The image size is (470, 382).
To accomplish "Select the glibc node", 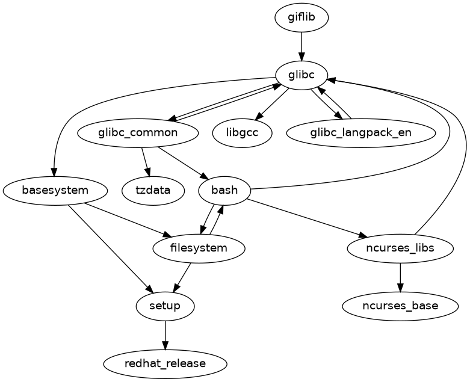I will [x=301, y=75].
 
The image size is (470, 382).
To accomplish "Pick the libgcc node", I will [x=243, y=132].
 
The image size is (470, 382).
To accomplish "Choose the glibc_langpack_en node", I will [x=361, y=132].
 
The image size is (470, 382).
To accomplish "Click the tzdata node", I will [x=153, y=191].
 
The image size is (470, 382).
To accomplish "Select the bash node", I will [x=224, y=191].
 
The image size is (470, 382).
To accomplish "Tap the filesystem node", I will [x=199, y=248].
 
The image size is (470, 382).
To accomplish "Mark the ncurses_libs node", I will [x=400, y=248].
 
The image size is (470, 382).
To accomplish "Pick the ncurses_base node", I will [x=400, y=306].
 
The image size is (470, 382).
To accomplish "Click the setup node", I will [x=165, y=306].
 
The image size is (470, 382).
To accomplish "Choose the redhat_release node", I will [x=165, y=364].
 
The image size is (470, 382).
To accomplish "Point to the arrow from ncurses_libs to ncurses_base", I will [x=400, y=277].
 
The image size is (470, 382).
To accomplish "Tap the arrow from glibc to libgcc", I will [x=272, y=104].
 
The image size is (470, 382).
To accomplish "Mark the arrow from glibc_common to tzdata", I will [x=145, y=161].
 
